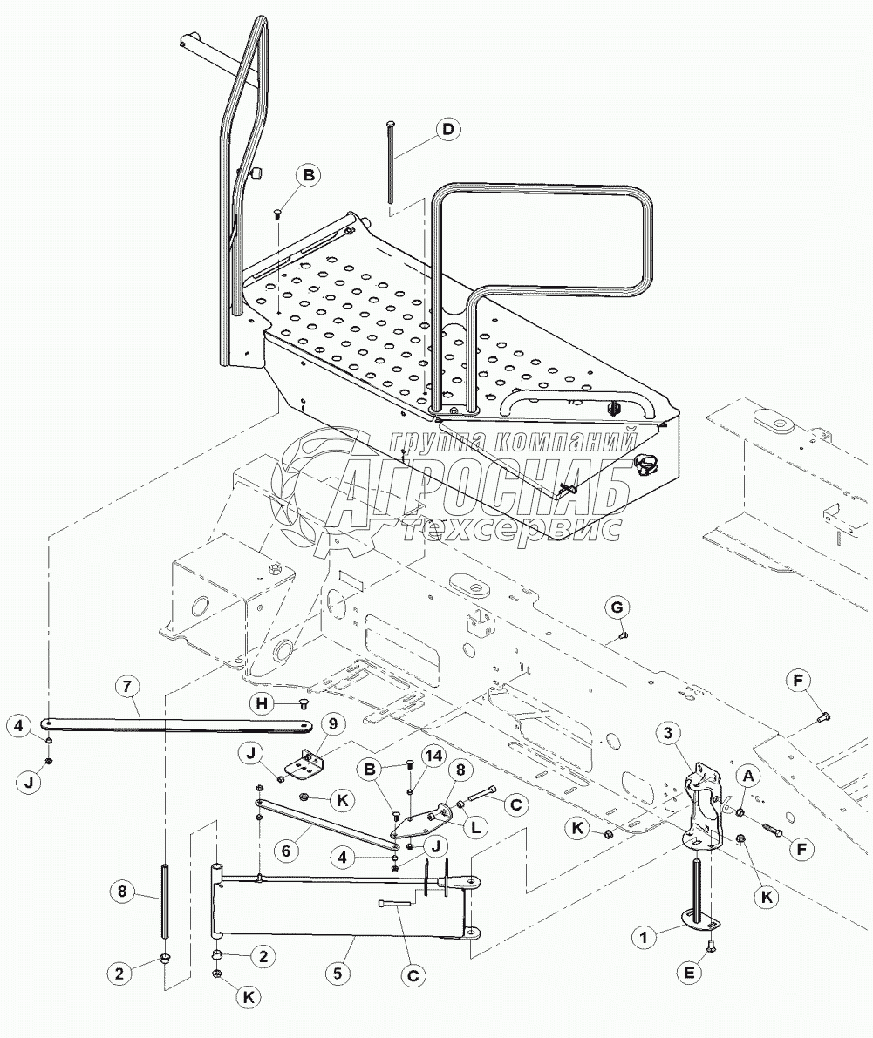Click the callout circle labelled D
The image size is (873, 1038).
pos(448,129)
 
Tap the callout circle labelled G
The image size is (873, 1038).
pos(617,607)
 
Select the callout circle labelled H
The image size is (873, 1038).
pos(263,703)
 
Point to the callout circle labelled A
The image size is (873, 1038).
pos(749,774)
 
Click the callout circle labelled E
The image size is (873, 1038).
pos(690,973)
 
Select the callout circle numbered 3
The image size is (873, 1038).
pos(668,733)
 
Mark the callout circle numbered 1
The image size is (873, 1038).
pos(643,937)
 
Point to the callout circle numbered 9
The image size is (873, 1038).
pos(333,723)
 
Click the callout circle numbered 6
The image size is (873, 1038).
pos(286,850)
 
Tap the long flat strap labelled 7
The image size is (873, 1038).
pos(178,725)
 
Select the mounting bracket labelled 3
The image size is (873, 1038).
pos(704,808)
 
